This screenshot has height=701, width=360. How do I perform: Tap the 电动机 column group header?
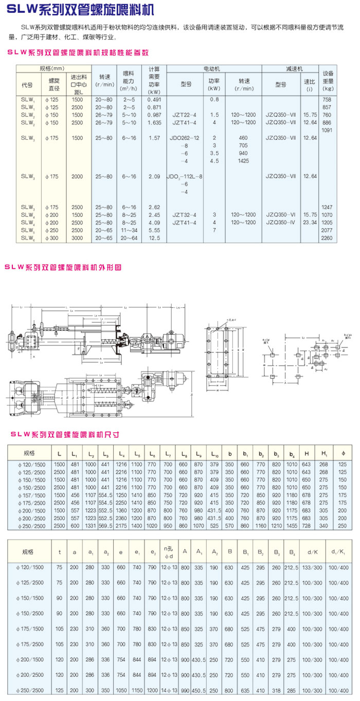[x=214, y=68]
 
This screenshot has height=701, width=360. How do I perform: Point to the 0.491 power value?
[x=154, y=99]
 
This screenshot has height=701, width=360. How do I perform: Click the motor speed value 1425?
[x=243, y=160]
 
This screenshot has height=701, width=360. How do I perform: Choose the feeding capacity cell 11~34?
[x=129, y=230]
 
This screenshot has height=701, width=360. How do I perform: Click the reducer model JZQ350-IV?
[x=281, y=223]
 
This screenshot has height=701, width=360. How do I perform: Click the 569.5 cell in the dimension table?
[x=105, y=526]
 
